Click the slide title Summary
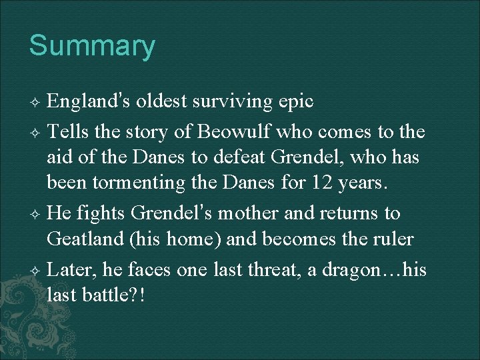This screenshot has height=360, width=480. pos(92,46)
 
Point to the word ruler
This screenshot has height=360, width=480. pos(391,239)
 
